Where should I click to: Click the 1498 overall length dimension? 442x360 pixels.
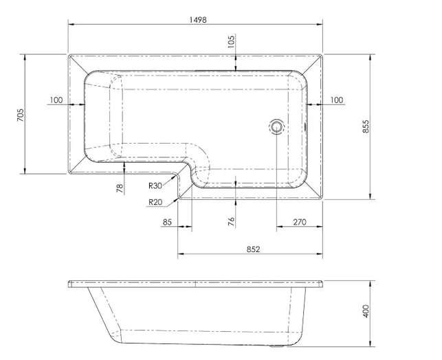pos(198,20)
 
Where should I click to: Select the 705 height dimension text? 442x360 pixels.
pos(21,115)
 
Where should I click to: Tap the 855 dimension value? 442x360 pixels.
pos(365,126)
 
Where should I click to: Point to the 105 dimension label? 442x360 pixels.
pos(231,42)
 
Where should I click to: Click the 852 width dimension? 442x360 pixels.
pos(253,249)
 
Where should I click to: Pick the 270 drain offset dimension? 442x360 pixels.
pos(300,223)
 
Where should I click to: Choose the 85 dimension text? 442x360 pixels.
pos(167,223)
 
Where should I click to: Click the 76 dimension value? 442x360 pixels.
pos(231,222)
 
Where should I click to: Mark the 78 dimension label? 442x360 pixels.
pos(120,188)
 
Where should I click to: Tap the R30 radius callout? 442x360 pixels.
pos(155,185)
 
